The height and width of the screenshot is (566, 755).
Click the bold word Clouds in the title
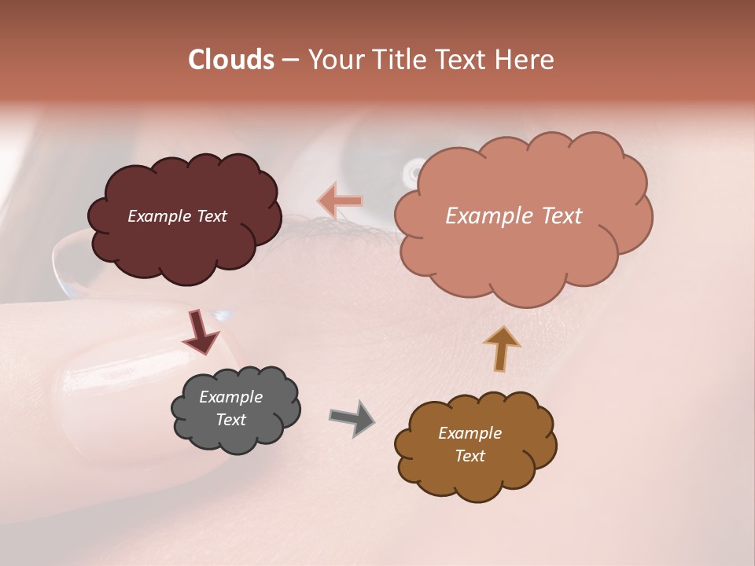click(231, 60)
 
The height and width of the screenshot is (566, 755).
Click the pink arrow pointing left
click(341, 201)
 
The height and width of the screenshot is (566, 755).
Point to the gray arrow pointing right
click(352, 417)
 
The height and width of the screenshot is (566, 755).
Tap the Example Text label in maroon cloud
click(177, 216)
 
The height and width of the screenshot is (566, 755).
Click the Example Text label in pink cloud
click(514, 216)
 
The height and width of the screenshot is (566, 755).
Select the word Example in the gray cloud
click(230, 397)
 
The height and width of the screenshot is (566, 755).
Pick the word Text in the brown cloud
click(470, 456)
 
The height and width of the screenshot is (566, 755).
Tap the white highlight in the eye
click(414, 169)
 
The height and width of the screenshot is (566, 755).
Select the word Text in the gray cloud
click(230, 420)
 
